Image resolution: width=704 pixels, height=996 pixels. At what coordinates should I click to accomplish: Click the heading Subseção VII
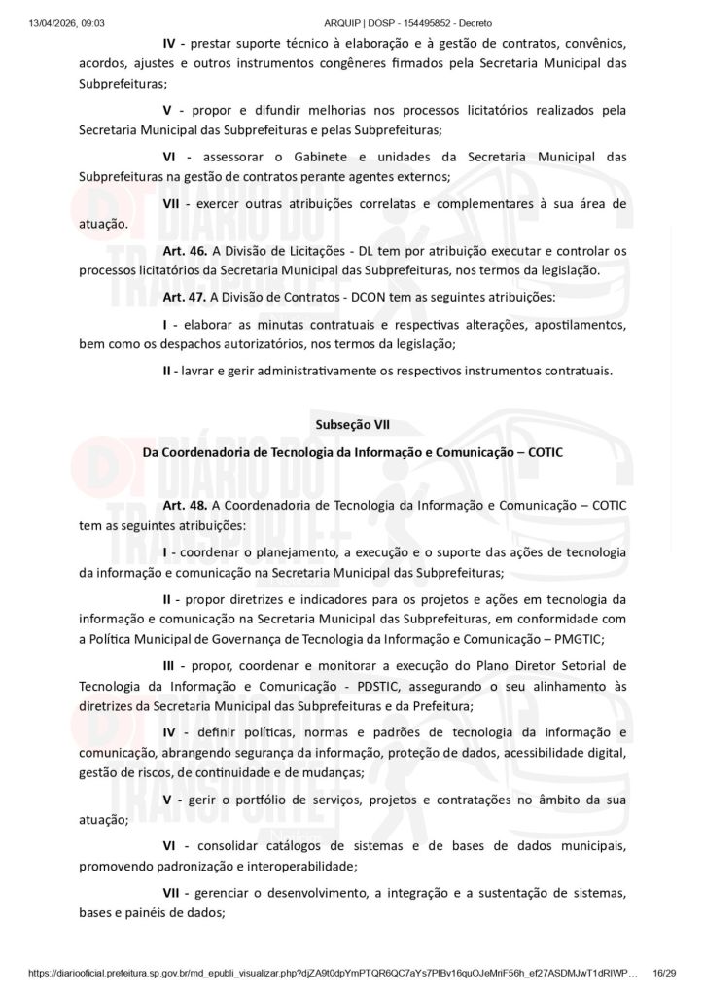352,425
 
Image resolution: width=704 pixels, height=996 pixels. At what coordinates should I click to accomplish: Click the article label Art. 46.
185,251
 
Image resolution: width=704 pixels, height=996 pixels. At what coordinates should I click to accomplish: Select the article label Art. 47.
185,297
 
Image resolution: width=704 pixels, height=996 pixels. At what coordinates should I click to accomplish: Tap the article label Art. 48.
185,506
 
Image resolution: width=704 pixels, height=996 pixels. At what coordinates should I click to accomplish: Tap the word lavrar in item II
201,371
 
